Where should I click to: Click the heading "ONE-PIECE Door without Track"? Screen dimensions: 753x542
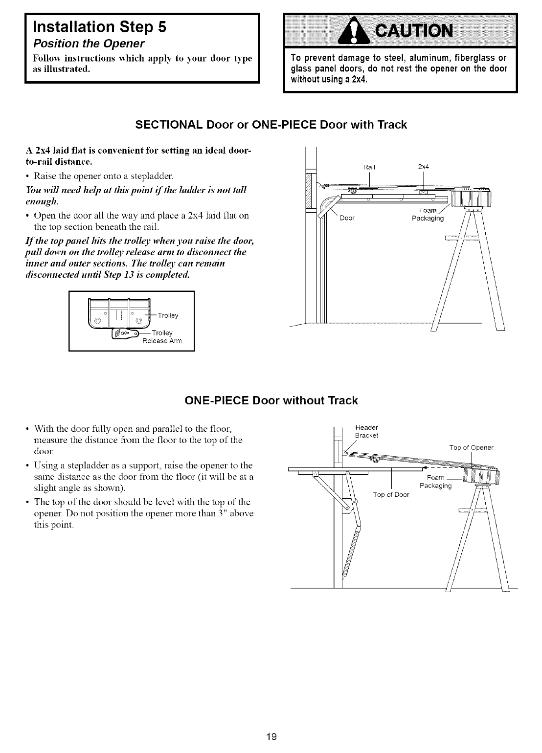tap(271, 401)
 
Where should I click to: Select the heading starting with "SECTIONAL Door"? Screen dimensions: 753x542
tap(271, 125)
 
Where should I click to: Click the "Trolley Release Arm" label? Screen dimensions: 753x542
tap(162, 337)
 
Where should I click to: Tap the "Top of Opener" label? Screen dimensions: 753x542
tap(471, 447)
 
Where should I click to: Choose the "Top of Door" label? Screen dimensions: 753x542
tap(391, 494)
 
